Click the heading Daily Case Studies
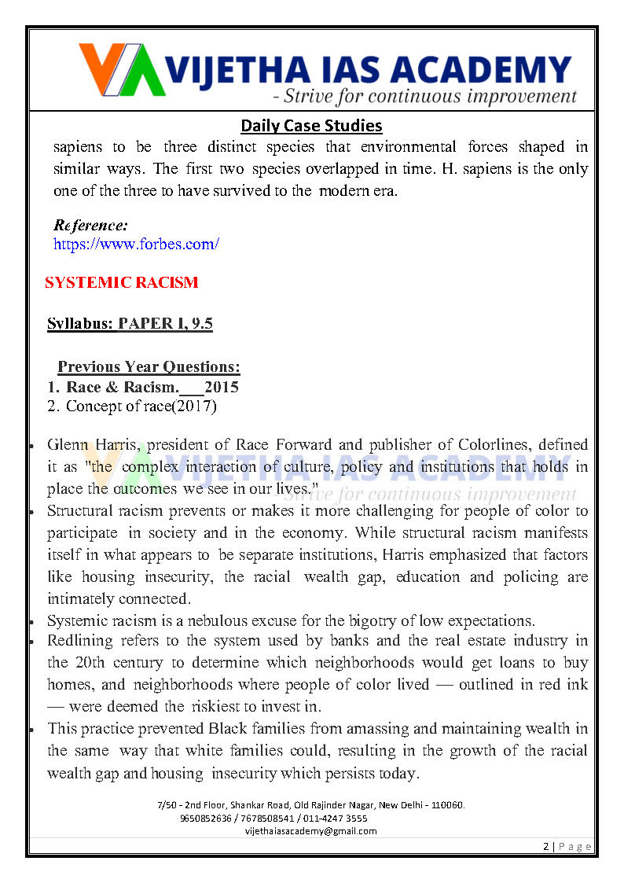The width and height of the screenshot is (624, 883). pyautogui.click(x=311, y=125)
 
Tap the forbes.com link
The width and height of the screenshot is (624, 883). pyautogui.click(x=136, y=244)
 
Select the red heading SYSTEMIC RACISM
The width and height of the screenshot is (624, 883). pyautogui.click(x=122, y=282)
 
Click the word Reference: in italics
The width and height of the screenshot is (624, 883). pyautogui.click(x=90, y=226)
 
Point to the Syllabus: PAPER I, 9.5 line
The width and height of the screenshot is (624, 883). pyautogui.click(x=130, y=324)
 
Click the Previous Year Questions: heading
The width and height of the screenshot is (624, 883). pyautogui.click(x=149, y=366)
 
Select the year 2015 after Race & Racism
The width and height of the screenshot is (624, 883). pyautogui.click(x=222, y=387)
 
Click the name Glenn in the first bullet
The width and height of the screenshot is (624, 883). pyautogui.click(x=68, y=445)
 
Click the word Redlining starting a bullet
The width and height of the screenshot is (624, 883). pyautogui.click(x=79, y=641)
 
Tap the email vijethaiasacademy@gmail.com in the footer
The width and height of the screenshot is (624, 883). pyautogui.click(x=311, y=830)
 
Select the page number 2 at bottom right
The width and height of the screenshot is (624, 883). pyautogui.click(x=545, y=846)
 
